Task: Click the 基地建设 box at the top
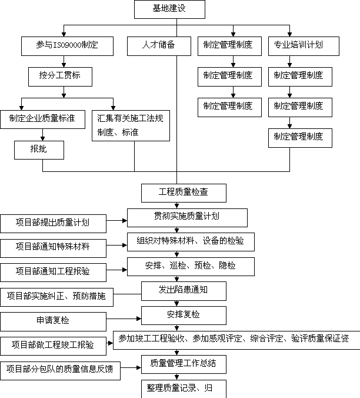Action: coord(169,9)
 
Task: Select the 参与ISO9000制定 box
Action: coord(67,46)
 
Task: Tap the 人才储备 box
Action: coord(159,46)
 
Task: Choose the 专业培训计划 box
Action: coord(304,46)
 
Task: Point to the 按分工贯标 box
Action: coord(60,77)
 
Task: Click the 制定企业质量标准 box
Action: coord(42,120)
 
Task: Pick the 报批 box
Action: coord(39,150)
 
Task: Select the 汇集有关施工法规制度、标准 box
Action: coord(131,125)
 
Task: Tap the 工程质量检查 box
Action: coord(184,193)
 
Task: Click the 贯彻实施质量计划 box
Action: coord(187,218)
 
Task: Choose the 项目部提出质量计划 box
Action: coord(54,224)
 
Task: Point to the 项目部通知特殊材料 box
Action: coord(54,248)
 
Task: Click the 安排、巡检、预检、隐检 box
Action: coord(191,267)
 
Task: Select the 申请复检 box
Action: coord(54,321)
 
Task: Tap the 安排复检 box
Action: coord(184,316)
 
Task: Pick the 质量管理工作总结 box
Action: coord(184,364)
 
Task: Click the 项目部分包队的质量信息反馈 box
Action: coord(61,370)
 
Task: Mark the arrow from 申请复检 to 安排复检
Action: coord(124,319)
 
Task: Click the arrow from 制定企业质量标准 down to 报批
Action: coord(42,135)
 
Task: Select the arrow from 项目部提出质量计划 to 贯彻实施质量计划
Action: coord(116,221)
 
